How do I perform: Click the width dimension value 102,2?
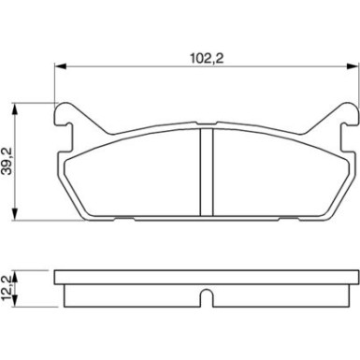[x=208, y=55]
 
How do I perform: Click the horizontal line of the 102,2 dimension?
[x=140, y=65]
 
